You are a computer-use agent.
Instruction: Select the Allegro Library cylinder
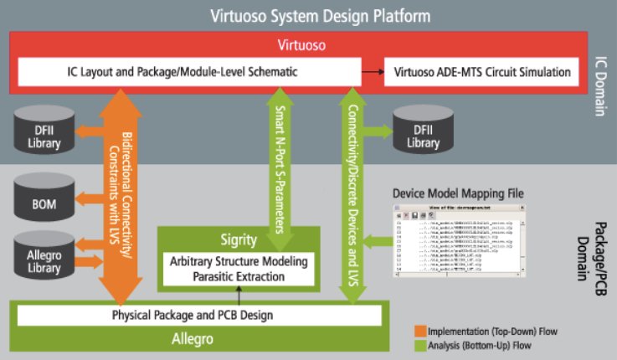[44, 256]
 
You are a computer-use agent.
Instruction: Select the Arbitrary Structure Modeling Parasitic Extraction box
[239, 269]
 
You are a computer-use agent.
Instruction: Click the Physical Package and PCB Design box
[199, 316]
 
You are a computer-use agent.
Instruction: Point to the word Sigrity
[239, 239]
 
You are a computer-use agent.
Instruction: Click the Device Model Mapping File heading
[458, 193]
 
